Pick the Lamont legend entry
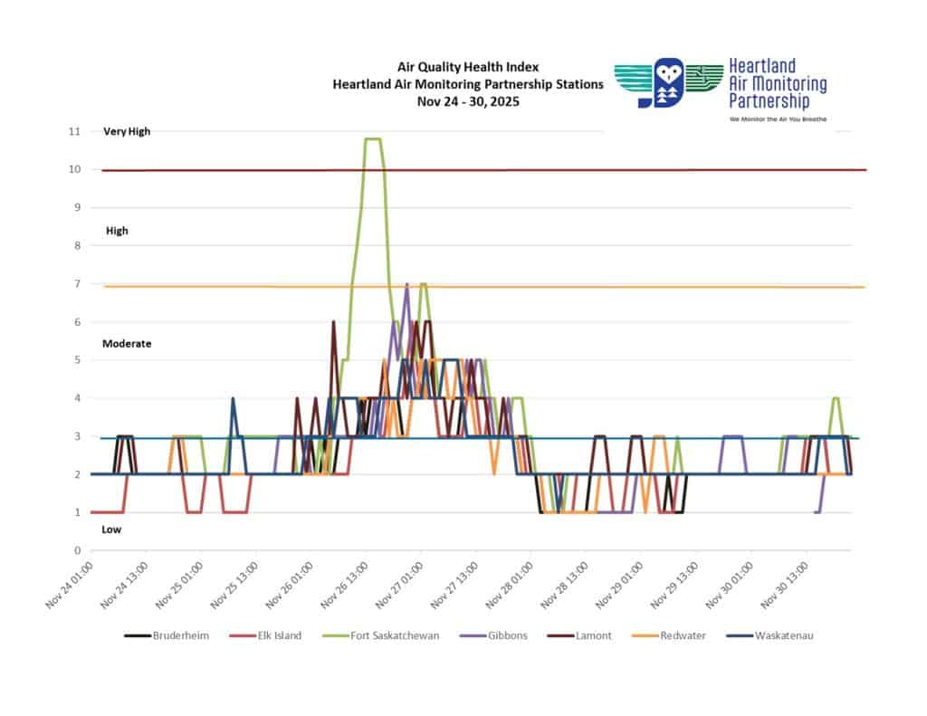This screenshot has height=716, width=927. pyautogui.click(x=593, y=635)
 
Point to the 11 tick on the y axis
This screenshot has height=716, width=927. pyautogui.click(x=74, y=131)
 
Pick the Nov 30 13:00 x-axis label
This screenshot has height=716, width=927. pyautogui.click(x=784, y=585)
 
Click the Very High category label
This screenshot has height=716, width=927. pyautogui.click(x=127, y=131)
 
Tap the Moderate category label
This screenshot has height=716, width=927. pyautogui.click(x=127, y=344)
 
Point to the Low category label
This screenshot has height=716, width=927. pyautogui.click(x=111, y=530)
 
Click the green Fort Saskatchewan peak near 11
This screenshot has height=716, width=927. pyautogui.click(x=372, y=139)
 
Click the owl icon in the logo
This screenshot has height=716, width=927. pyautogui.click(x=669, y=83)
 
